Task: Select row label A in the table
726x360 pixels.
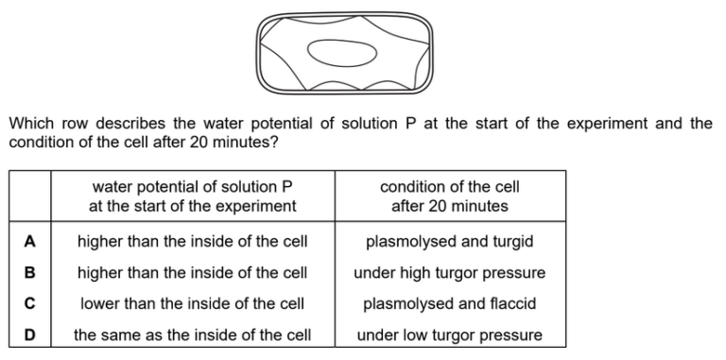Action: pyautogui.click(x=28, y=242)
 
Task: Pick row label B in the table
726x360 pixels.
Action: pyautogui.click(x=28, y=273)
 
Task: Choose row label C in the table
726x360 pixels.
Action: pyautogui.click(x=28, y=304)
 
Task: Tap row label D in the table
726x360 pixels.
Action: pyautogui.click(x=28, y=334)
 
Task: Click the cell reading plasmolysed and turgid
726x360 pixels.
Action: pyautogui.click(x=449, y=242)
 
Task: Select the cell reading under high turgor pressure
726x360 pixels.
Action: pyautogui.click(x=449, y=273)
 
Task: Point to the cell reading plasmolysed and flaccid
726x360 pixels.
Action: pyautogui.click(x=449, y=304)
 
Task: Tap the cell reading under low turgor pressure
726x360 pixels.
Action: pyautogui.click(x=449, y=334)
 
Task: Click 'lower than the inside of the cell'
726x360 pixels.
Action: pyautogui.click(x=193, y=304)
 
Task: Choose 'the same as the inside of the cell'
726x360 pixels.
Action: pyautogui.click(x=193, y=334)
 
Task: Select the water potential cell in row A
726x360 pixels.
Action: pyautogui.click(x=193, y=242)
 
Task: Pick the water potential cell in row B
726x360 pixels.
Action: pyautogui.click(x=193, y=273)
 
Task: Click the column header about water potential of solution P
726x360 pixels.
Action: pyautogui.click(x=193, y=197)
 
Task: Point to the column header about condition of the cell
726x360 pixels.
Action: pyautogui.click(x=449, y=197)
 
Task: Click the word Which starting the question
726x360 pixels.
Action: pyautogui.click(x=29, y=124)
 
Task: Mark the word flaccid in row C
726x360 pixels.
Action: pyautogui.click(x=511, y=304)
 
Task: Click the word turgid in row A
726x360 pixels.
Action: pyautogui.click(x=511, y=242)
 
